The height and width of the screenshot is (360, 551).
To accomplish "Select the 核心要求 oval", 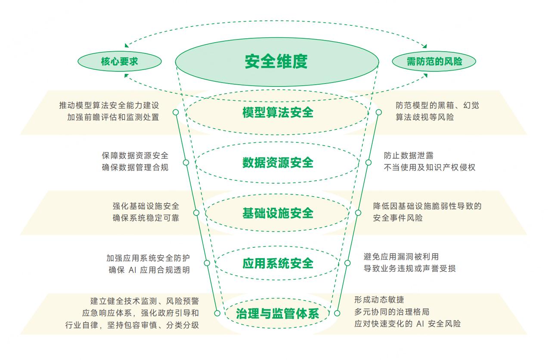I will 119,62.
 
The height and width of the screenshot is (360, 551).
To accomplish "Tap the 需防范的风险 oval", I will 434,62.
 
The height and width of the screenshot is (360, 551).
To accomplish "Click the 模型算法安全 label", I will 278,113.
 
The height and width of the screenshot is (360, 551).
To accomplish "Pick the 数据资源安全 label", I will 278,163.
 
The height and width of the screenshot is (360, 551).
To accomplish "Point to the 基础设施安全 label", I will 278,213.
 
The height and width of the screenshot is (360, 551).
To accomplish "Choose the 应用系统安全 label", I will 278,263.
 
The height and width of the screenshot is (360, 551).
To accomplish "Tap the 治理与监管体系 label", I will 278,314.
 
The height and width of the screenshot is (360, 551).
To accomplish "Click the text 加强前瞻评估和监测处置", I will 113,117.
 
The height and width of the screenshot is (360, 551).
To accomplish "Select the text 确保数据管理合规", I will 135,167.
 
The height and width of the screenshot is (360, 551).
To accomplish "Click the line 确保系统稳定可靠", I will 146,218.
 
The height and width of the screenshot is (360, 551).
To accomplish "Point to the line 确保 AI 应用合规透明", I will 149,270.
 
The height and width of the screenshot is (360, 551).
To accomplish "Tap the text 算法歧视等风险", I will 424,117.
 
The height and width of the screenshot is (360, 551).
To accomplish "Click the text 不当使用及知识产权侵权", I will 430,167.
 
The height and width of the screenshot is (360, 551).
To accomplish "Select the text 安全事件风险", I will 398,218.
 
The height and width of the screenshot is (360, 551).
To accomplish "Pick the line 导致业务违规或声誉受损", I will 409,268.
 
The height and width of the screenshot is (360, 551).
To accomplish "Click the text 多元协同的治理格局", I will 392,311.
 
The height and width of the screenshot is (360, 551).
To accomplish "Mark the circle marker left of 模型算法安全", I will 176,112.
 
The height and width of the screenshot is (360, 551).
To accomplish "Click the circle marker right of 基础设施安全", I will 358,212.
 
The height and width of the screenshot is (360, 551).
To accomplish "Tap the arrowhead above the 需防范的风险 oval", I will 425,46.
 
